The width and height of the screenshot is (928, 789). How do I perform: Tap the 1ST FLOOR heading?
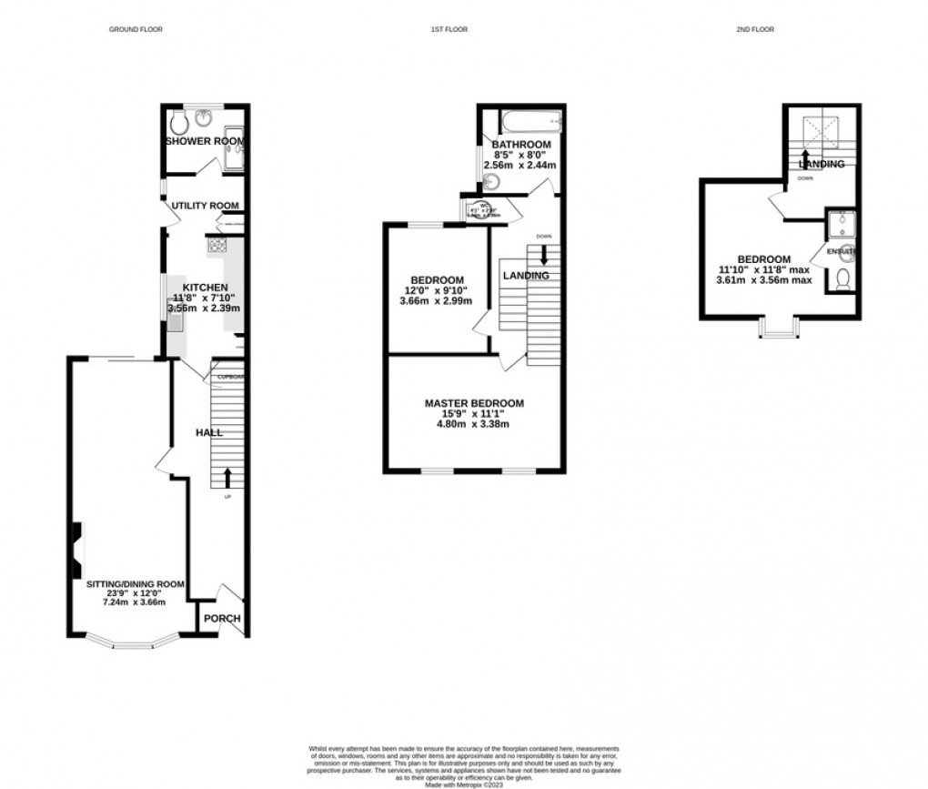pos(449,30)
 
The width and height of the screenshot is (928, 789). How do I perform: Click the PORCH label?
pos(222,619)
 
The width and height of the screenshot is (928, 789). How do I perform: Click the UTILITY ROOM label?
pos(206,206)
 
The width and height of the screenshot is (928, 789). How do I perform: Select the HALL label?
pos(209,432)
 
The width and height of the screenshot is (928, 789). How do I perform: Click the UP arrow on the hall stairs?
pos(227,477)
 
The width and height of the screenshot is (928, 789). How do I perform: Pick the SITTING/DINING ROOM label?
pos(136,584)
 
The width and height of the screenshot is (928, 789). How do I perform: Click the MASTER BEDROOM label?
pos(474,403)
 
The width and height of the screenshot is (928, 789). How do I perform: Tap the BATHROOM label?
pos(521,145)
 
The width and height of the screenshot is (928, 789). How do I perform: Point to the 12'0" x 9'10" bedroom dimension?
pos(438,291)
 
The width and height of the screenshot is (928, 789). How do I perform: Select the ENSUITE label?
pos(838,250)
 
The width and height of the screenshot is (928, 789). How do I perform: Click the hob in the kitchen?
pos(217,244)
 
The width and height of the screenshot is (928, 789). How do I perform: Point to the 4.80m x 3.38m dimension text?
pos(474,424)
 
